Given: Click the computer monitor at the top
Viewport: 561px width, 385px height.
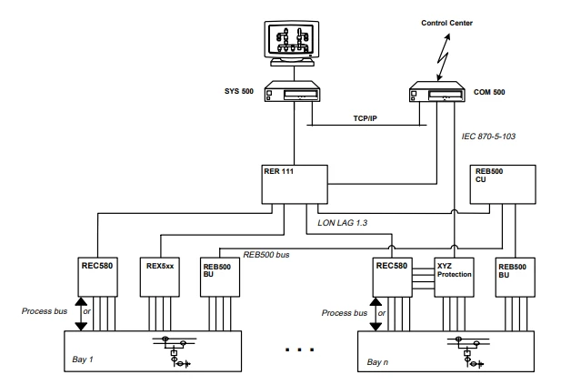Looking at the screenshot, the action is click(292, 44).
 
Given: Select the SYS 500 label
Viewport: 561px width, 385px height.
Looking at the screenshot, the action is click(238, 91).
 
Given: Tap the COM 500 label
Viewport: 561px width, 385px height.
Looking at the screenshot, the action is click(489, 92).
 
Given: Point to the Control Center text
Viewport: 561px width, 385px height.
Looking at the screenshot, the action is click(446, 23).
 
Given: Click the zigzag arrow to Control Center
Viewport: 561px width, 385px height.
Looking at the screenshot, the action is click(444, 57).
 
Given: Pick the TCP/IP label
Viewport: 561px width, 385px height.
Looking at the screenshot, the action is click(365, 118).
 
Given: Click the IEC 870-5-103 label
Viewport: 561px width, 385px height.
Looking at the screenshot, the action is click(488, 137).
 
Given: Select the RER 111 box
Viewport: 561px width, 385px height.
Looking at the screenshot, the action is click(295, 185).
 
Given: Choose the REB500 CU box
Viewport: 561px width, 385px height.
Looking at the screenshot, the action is click(503, 185).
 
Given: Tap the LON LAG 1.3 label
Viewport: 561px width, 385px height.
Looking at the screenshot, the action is click(343, 223).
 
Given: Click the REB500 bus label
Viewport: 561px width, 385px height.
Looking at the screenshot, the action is click(266, 255).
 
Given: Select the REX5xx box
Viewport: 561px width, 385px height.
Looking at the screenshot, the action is click(159, 277).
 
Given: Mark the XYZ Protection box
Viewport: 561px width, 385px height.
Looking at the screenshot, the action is click(454, 278).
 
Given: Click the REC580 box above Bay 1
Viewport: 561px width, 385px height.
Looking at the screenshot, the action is click(97, 277).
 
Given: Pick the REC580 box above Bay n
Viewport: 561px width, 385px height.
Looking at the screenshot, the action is click(392, 278).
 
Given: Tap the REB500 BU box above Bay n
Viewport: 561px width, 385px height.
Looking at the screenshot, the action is click(516, 278).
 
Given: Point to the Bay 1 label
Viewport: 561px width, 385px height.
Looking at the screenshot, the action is click(83, 360).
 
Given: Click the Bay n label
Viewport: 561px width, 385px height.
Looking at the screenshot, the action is click(377, 362).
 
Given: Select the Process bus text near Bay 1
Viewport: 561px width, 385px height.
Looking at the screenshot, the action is click(45, 311).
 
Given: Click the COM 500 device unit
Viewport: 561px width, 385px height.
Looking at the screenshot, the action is click(436, 92).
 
